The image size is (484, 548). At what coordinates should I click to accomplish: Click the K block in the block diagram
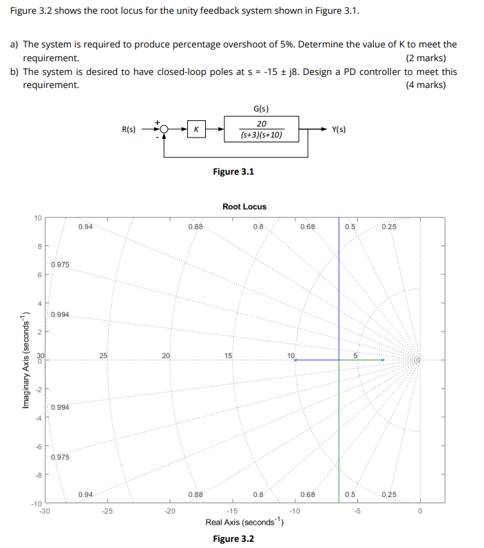pos(197,129)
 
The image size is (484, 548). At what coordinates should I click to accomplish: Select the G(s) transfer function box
pos(261,129)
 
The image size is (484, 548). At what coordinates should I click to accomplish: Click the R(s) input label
pos(129,129)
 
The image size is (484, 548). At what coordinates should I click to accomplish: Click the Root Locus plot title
pos(244,206)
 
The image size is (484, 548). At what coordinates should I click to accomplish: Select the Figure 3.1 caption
pos(233,171)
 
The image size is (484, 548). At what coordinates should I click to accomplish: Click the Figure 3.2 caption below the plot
pos(233,538)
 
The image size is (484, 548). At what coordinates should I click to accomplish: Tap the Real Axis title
pos(244,523)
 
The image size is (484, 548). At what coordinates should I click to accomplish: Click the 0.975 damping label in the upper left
pos(59,265)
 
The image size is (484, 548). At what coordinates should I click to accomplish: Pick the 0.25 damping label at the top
pos(388,227)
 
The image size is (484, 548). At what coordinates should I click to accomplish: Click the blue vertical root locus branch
pos(339,289)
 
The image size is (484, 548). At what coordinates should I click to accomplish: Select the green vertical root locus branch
pos(339,433)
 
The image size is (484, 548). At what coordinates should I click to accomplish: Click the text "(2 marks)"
pos(425,58)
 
